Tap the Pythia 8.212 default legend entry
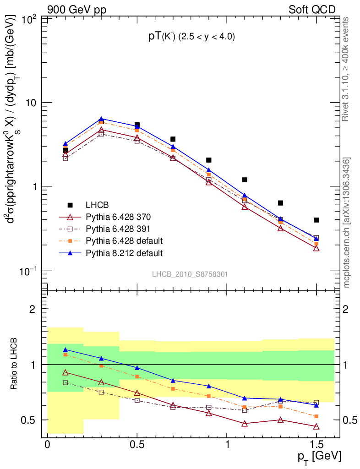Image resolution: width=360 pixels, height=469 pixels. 124,252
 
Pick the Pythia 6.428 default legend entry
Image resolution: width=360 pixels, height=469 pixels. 124,240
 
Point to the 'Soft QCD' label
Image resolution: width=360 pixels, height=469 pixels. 312,9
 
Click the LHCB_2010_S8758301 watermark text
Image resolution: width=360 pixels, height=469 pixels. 190,274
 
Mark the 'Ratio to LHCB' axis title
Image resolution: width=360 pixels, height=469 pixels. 15,364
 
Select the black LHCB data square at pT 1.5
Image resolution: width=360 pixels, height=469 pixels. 316,220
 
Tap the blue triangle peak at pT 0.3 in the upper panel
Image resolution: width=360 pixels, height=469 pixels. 101,119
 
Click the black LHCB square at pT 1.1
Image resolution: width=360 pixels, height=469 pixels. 245,180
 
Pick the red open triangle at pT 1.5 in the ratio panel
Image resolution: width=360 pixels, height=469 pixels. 316,426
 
